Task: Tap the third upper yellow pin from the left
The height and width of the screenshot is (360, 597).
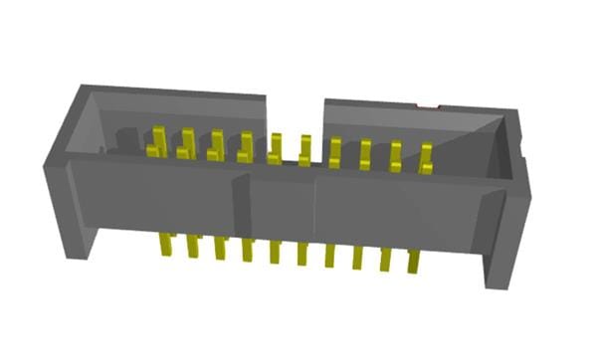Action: click(215, 145)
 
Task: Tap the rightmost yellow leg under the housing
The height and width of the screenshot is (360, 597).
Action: click(411, 260)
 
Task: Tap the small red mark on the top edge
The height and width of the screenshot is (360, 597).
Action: click(427, 104)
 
